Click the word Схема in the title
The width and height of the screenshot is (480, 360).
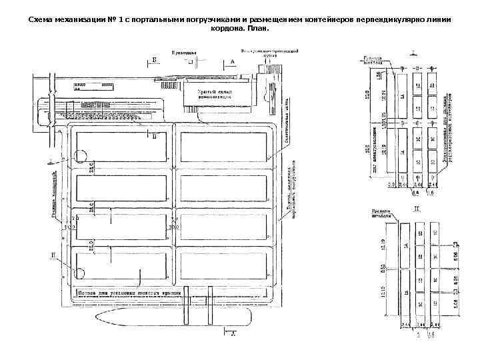click(41, 20)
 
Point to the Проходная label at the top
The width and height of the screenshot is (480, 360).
click(183, 52)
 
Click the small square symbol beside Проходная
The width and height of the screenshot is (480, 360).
click(190, 62)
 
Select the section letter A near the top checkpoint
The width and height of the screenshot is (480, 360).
click(233, 61)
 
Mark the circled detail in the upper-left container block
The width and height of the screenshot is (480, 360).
click(81, 157)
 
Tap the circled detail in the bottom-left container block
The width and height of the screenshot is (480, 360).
click(81, 273)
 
